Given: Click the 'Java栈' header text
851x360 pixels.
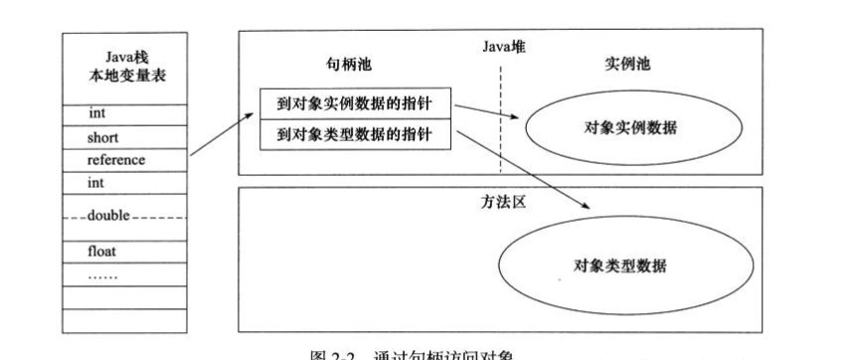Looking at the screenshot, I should pyautogui.click(x=123, y=59).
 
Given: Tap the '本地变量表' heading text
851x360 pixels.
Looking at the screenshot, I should pyautogui.click(x=123, y=78).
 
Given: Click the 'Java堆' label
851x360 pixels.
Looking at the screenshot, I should pyautogui.click(x=499, y=45).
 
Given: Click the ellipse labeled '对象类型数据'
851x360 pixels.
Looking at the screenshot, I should pyautogui.click(x=620, y=266).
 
